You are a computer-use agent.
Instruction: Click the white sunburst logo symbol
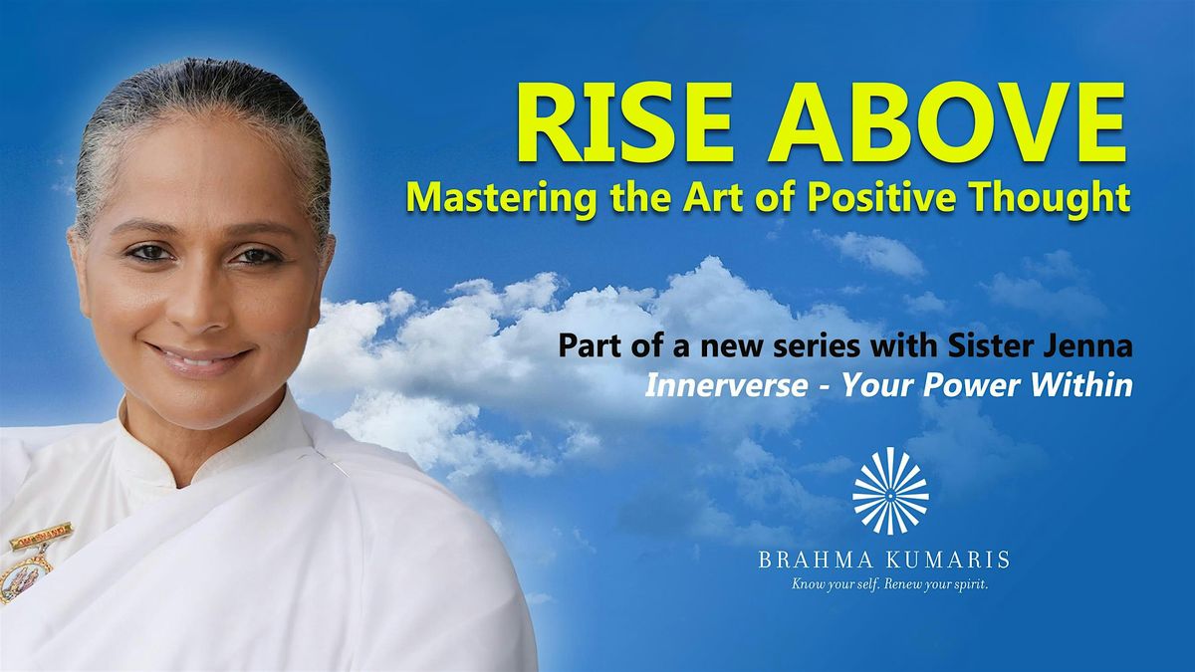tap(890, 491)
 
